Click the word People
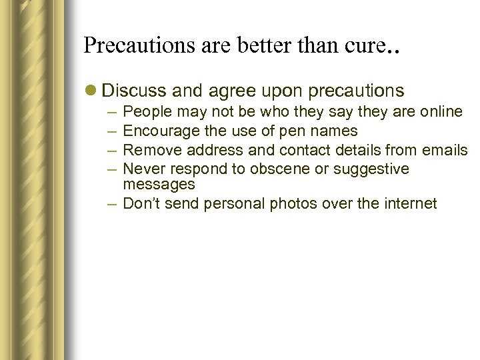[147, 111]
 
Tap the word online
[441, 111]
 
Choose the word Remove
[149, 150]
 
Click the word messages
[159, 184]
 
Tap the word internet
[409, 203]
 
